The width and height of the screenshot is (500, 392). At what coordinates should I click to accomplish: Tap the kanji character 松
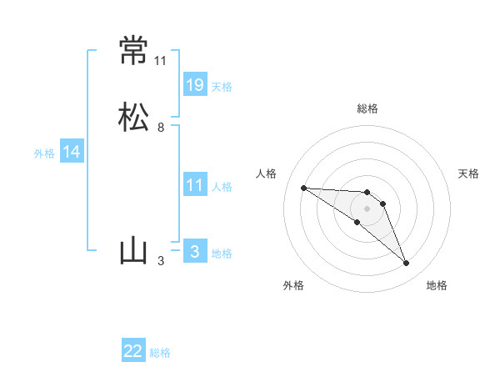click(x=133, y=117)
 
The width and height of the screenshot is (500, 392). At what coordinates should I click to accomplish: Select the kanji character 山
click(x=133, y=251)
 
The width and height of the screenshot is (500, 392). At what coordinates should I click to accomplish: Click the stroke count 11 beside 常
click(x=160, y=61)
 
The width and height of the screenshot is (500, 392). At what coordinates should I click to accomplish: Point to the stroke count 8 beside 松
click(x=160, y=128)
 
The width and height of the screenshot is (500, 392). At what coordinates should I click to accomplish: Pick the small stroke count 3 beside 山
click(x=160, y=261)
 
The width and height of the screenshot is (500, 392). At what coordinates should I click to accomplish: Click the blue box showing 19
click(x=195, y=85)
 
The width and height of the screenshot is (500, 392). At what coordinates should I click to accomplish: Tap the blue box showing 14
click(x=72, y=152)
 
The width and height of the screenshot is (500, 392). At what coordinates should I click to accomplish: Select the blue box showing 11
click(x=195, y=185)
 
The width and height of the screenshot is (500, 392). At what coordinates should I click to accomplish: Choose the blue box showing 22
click(x=133, y=351)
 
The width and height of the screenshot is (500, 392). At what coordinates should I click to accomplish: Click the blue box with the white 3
click(x=195, y=252)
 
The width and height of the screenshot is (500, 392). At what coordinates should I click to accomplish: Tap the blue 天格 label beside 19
click(x=222, y=86)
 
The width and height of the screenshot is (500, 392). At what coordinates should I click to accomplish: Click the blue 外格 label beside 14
click(x=44, y=153)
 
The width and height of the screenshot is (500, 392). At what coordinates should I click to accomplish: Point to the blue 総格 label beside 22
click(x=160, y=353)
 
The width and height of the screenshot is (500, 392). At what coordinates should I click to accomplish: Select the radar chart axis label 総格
click(x=367, y=108)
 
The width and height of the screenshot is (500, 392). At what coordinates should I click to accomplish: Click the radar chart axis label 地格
click(x=437, y=285)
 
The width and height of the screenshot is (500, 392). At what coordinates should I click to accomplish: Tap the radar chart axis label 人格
click(x=267, y=173)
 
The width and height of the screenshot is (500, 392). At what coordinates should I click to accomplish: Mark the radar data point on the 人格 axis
click(x=303, y=188)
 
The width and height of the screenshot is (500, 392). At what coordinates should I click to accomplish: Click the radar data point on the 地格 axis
click(x=407, y=264)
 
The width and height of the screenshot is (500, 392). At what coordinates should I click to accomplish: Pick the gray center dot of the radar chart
click(x=367, y=209)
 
